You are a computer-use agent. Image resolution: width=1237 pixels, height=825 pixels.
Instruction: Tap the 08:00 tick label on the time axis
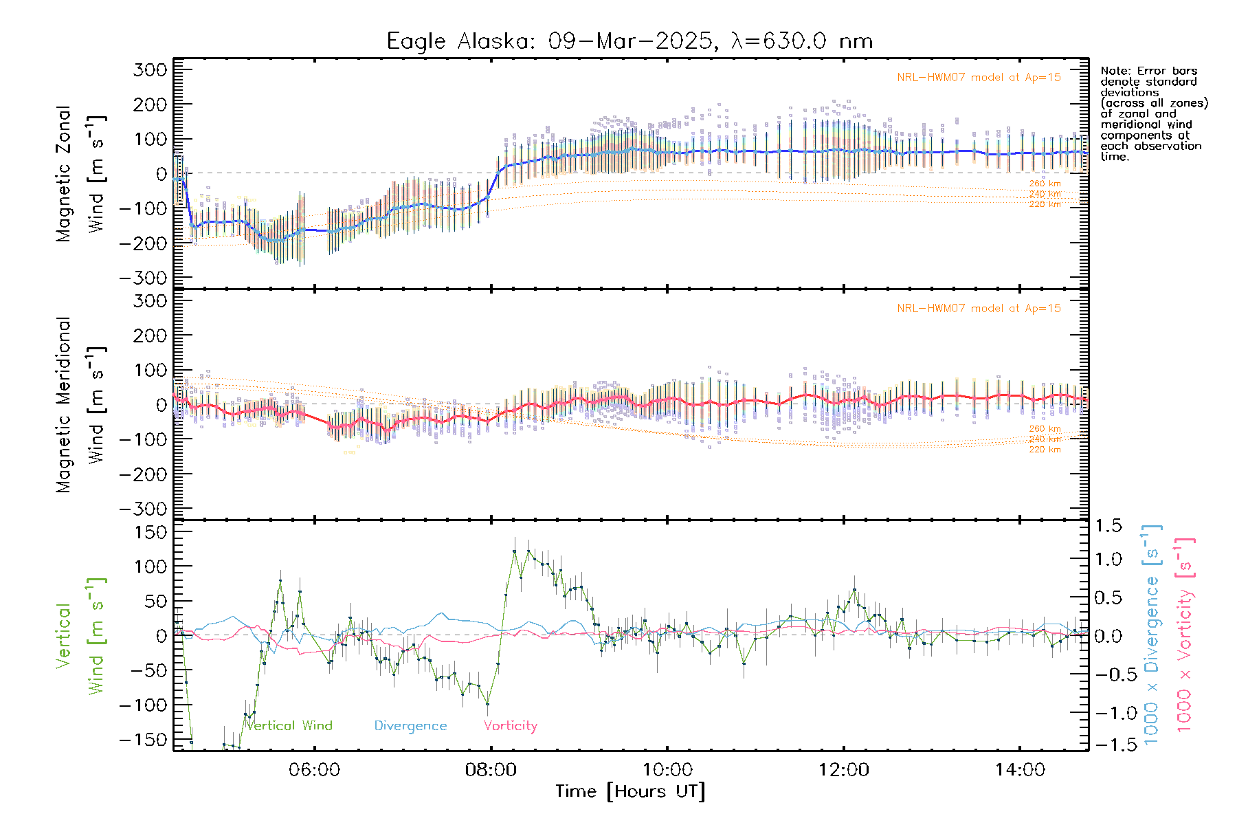pyautogui.click(x=491, y=770)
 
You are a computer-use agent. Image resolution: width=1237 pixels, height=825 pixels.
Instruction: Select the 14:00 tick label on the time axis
pyautogui.click(x=1020, y=770)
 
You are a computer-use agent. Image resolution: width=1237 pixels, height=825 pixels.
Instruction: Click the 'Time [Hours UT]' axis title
pyautogui.click(x=630, y=792)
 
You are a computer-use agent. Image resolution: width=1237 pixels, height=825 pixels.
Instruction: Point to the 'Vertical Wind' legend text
pyautogui.click(x=289, y=726)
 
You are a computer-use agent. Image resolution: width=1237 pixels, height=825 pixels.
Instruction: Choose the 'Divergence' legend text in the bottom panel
pyautogui.click(x=410, y=726)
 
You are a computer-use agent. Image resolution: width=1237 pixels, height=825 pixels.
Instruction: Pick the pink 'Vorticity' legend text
pyautogui.click(x=510, y=726)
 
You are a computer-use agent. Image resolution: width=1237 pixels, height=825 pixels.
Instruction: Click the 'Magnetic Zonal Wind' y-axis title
pyautogui.click(x=81, y=173)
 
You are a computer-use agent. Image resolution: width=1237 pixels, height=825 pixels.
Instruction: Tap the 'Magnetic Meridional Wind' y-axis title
pyautogui.click(x=81, y=404)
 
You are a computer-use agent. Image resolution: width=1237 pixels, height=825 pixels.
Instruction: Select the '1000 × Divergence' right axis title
pyautogui.click(x=1152, y=635)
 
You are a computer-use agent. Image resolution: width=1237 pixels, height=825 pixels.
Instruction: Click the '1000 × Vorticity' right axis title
pyautogui.click(x=1185, y=635)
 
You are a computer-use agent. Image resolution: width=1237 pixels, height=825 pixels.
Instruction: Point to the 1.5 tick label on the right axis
pyautogui.click(x=1108, y=526)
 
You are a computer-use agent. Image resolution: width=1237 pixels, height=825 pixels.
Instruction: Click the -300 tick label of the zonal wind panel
pyautogui.click(x=143, y=278)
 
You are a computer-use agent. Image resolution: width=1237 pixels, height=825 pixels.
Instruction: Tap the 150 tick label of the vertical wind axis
pyautogui.click(x=151, y=532)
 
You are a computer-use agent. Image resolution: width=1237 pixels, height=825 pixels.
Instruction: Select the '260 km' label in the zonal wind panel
pyautogui.click(x=1045, y=184)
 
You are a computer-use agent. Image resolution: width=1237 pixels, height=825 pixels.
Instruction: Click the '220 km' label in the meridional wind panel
pyautogui.click(x=1045, y=450)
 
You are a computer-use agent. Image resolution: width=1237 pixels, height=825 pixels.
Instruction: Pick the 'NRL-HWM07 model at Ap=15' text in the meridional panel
pyautogui.click(x=979, y=309)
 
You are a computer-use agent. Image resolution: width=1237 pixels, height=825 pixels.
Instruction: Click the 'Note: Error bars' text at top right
pyautogui.click(x=1148, y=71)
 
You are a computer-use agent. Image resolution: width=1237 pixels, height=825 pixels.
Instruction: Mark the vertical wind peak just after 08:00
pyautogui.click(x=514, y=551)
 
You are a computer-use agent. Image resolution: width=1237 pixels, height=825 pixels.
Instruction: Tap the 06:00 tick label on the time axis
pyautogui.click(x=314, y=770)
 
